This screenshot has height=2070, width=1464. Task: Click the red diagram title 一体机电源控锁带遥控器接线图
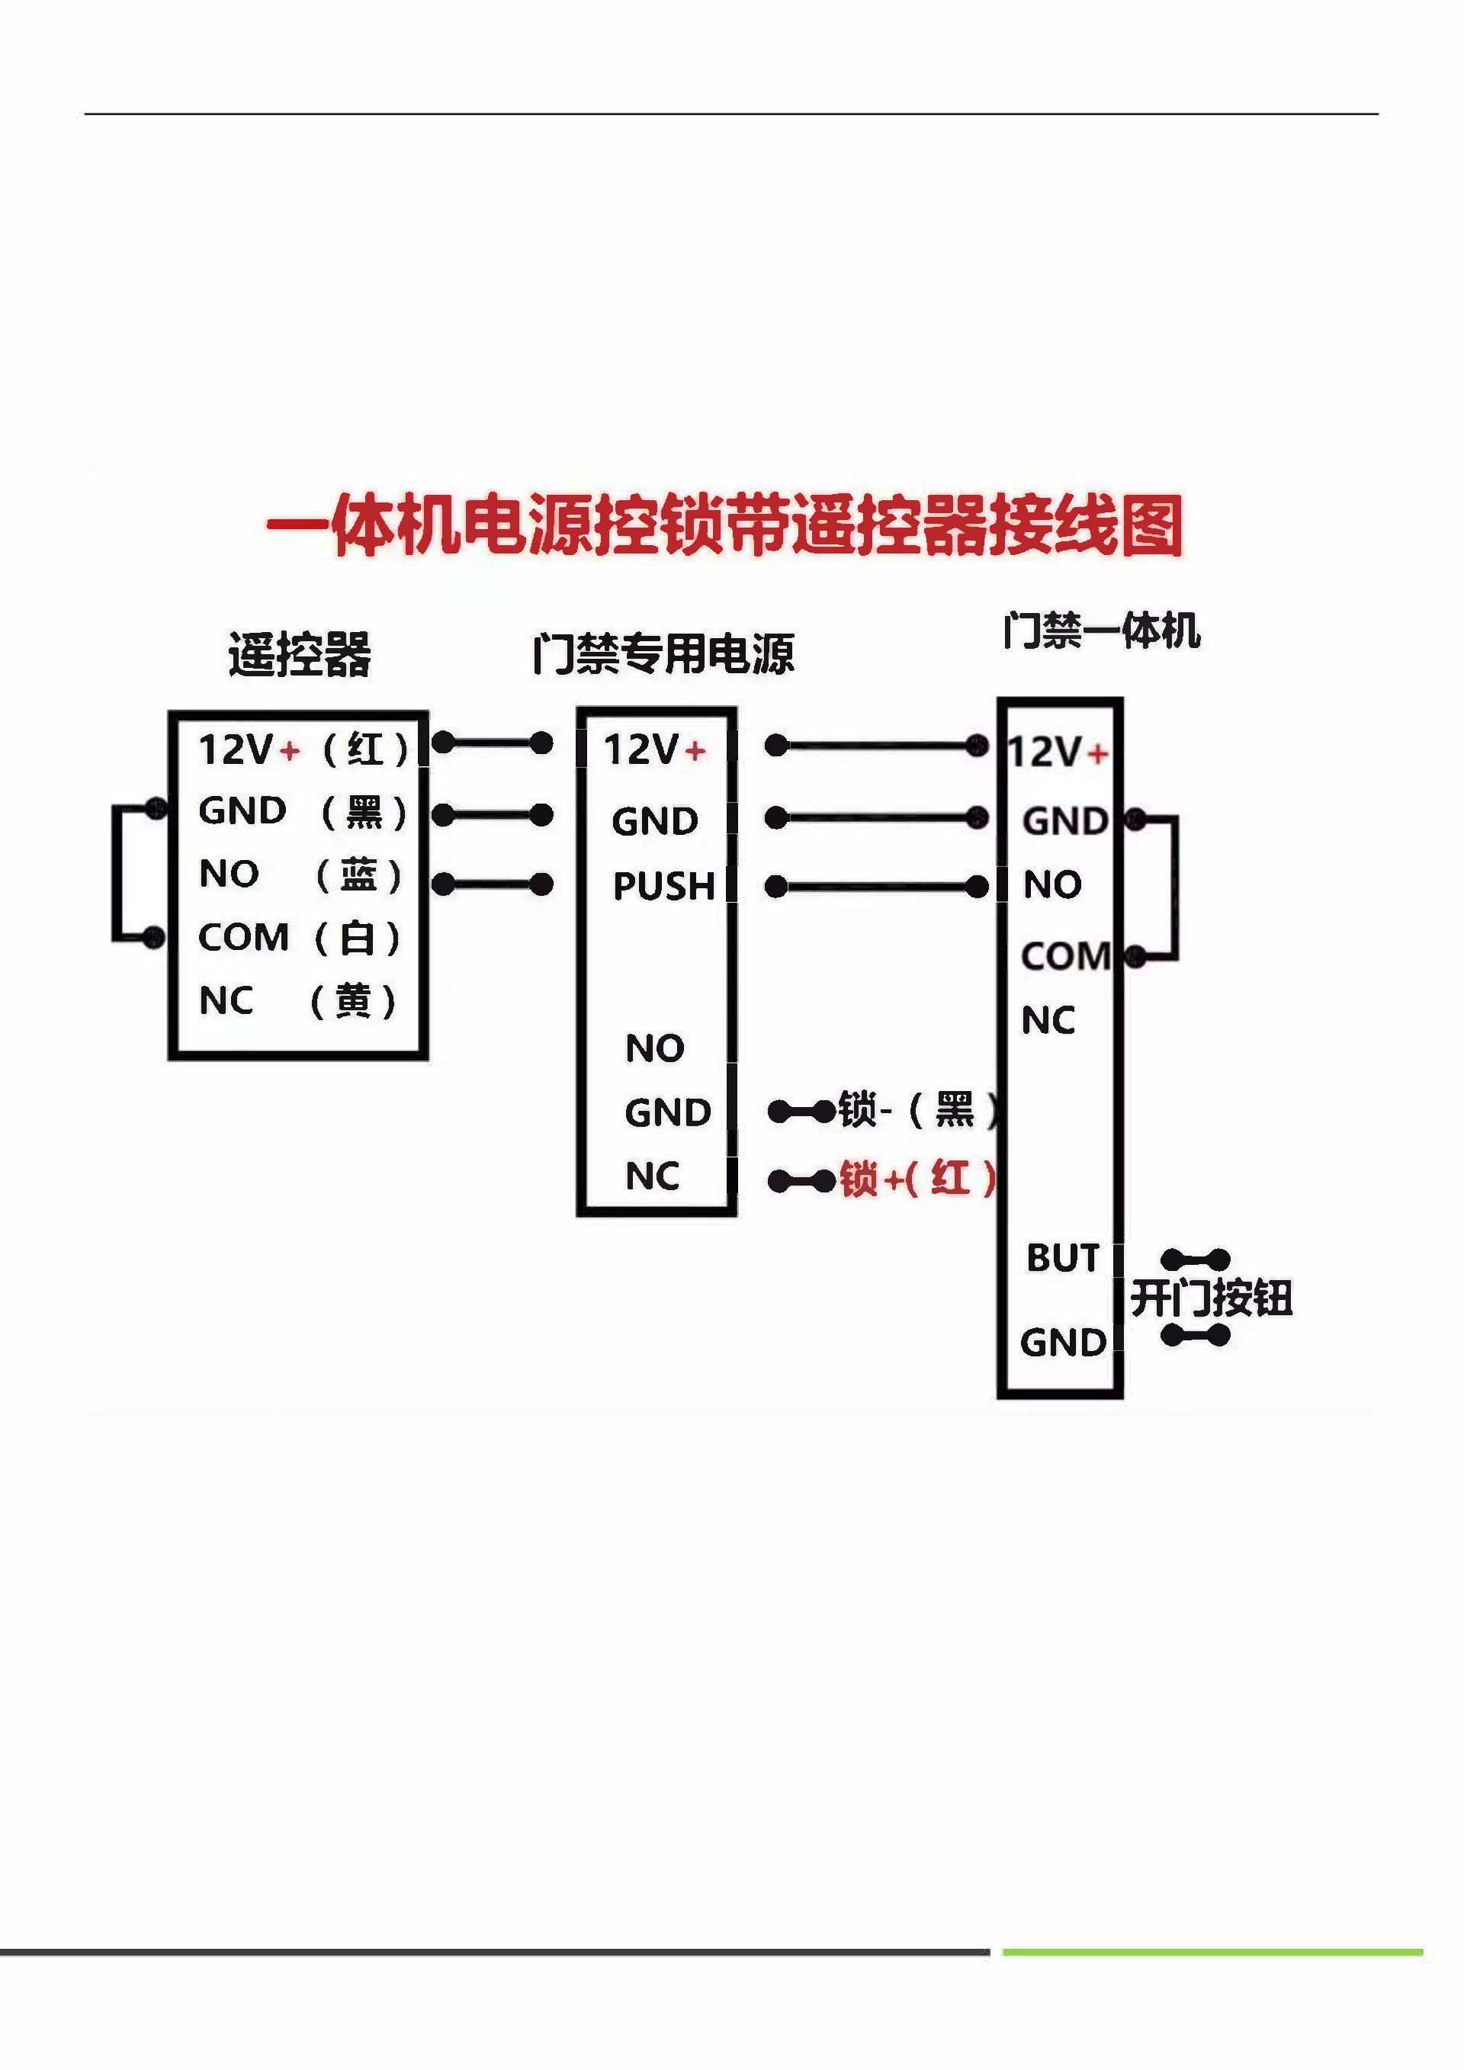(724, 525)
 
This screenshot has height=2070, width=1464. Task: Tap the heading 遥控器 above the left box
(300, 653)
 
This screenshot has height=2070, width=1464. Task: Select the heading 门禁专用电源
(663, 653)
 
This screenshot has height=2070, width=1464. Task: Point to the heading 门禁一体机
(1101, 631)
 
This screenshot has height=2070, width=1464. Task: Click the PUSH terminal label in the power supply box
(664, 886)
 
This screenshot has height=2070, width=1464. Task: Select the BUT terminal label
(1064, 1258)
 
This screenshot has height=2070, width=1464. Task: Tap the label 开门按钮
(1212, 1298)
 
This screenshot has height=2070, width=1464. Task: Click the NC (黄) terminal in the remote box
(297, 1001)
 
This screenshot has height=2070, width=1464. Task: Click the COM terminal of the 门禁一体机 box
(1065, 955)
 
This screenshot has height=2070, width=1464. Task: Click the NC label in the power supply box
(653, 1176)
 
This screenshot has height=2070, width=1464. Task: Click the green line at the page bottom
(1212, 1952)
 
